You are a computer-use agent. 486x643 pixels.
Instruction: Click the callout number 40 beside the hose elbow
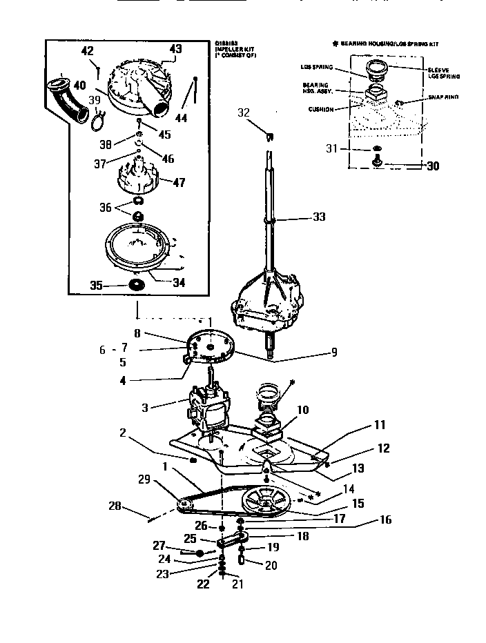(81, 86)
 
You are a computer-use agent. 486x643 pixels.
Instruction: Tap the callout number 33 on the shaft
(318, 217)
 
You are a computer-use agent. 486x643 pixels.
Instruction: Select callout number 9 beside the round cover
(333, 353)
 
